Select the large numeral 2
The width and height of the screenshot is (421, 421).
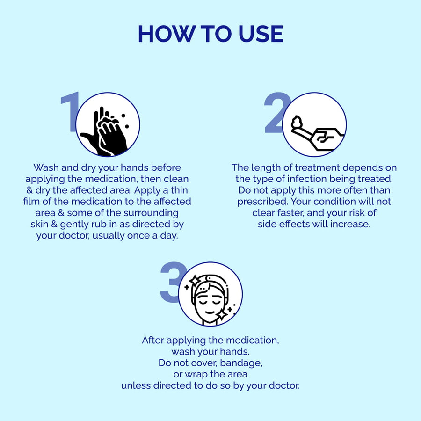pos(276,112)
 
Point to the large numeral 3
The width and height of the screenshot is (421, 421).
pos(172,282)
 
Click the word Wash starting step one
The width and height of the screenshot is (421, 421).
pos(46,167)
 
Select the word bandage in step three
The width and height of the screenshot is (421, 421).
pos(241,363)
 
